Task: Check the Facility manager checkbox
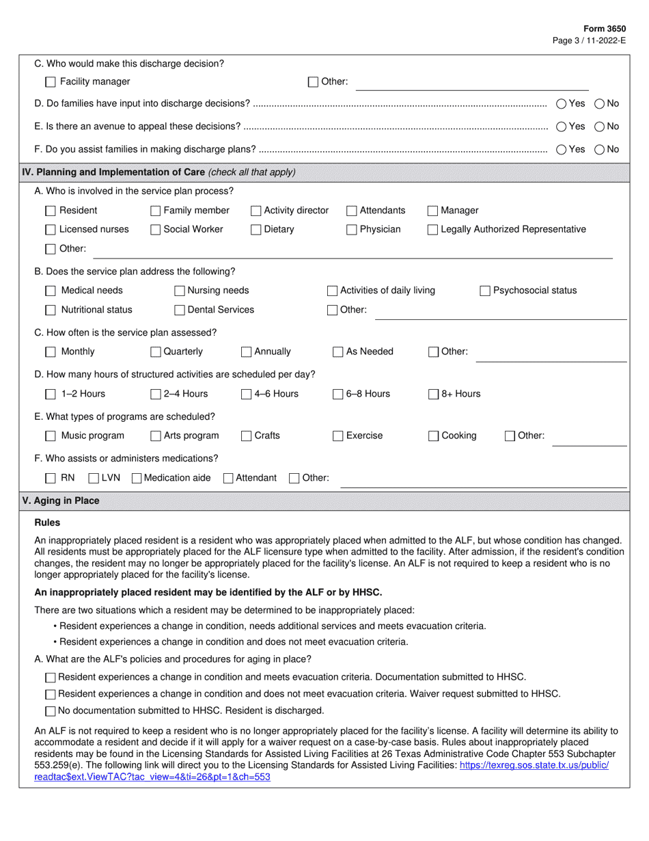point(51,82)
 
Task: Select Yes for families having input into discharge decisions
point(561,104)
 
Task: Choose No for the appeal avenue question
point(599,126)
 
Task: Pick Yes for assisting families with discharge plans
point(561,149)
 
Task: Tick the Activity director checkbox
point(256,211)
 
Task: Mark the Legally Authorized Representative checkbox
point(432,230)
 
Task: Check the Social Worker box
point(156,230)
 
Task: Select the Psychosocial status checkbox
point(485,291)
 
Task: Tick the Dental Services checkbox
point(180,310)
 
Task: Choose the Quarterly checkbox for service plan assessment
point(156,352)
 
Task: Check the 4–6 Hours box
point(247,394)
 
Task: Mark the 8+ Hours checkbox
point(434,394)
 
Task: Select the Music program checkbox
point(51,436)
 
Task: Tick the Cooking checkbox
point(434,436)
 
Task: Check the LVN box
point(94,478)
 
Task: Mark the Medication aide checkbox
point(136,478)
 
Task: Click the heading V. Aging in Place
point(61,501)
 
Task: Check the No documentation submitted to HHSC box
point(51,711)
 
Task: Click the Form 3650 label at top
point(604,29)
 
